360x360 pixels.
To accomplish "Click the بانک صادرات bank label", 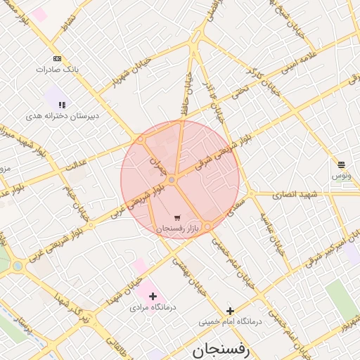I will point(56,70).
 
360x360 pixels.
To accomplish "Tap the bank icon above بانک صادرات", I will point(56,58).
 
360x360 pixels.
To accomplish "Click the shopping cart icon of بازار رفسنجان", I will point(176,217).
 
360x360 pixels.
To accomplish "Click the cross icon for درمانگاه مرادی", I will point(153,296).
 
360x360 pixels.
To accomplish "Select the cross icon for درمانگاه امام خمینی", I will point(229,311).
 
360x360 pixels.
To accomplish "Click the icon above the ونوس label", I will point(342,163).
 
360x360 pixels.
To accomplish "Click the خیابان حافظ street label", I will point(187,92).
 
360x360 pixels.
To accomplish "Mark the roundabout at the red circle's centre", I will point(172,181).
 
